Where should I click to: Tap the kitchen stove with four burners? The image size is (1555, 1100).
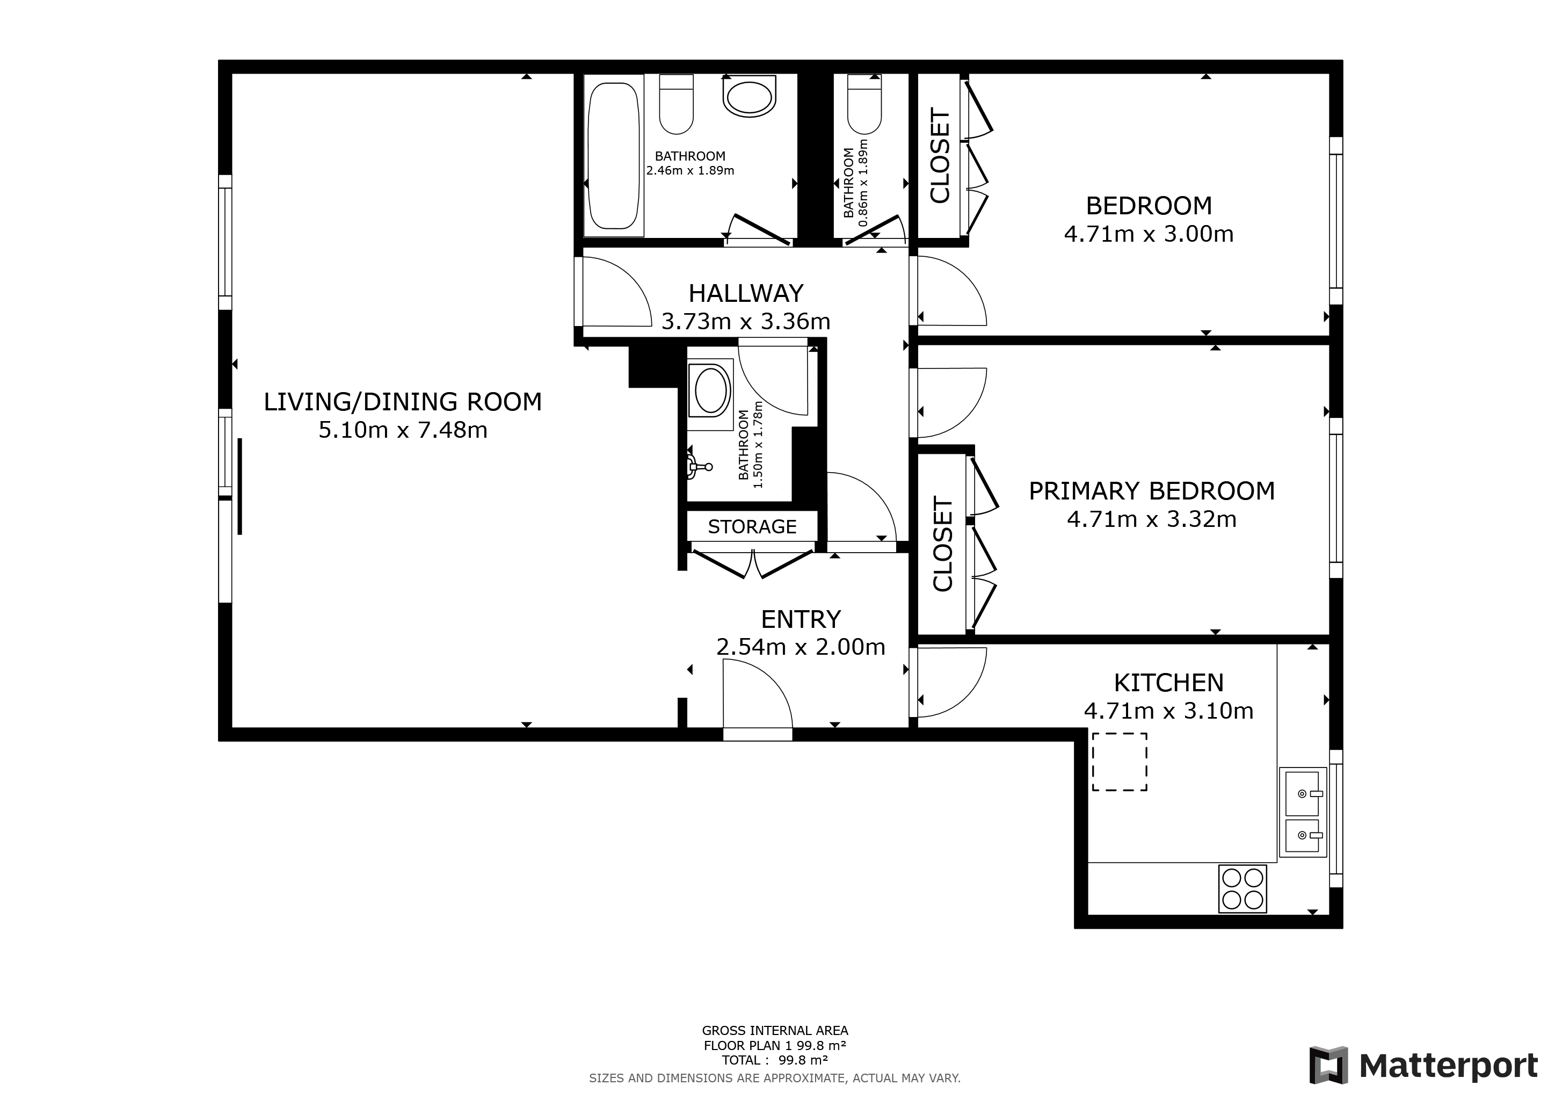[x=1242, y=889]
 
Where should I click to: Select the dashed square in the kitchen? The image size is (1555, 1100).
[x=1119, y=762]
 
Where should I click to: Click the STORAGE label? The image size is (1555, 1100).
[x=752, y=526]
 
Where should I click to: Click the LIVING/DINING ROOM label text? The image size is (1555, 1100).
[x=402, y=402]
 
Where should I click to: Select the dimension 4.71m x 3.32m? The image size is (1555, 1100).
[x=1151, y=519]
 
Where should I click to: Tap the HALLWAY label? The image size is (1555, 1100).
[x=746, y=293]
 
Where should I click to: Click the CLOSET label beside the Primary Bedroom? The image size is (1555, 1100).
[x=943, y=544]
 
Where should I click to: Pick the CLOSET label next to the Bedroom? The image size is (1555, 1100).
[x=940, y=155]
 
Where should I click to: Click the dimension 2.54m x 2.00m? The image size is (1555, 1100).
[x=801, y=647]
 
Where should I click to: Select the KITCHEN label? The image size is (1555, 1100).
[x=1168, y=682]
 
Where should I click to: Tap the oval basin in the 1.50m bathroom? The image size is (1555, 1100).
[x=710, y=390]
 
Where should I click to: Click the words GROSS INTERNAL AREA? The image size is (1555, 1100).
[x=774, y=1030]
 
